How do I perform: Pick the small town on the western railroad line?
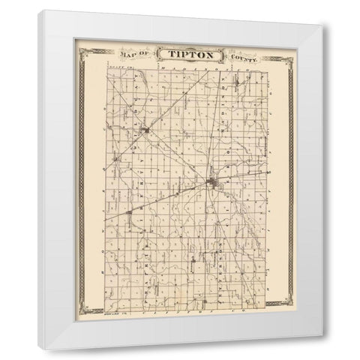click(132, 217)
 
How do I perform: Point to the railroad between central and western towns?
click(172, 199)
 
